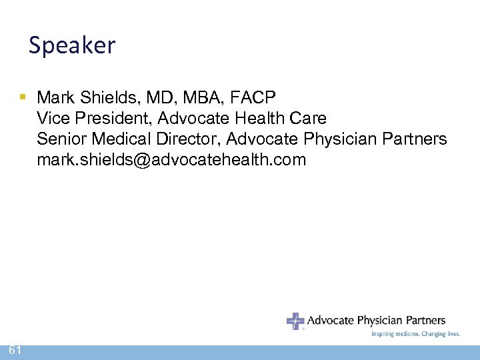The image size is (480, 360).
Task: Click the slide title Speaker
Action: pyautogui.click(x=72, y=45)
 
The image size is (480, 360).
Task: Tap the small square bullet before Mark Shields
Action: pyautogui.click(x=23, y=97)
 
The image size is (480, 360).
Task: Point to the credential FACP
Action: pyautogui.click(x=252, y=98)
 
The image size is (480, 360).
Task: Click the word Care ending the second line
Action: pyautogui.click(x=307, y=119)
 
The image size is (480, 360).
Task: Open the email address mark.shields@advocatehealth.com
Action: pyautogui.click(x=171, y=160)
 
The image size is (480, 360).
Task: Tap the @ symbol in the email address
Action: pyautogui.click(x=145, y=160)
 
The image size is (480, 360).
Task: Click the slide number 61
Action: pyautogui.click(x=15, y=351)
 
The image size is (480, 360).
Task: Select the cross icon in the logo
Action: pyautogui.click(x=295, y=321)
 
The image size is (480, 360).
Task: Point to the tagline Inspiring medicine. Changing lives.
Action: pyautogui.click(x=415, y=334)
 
